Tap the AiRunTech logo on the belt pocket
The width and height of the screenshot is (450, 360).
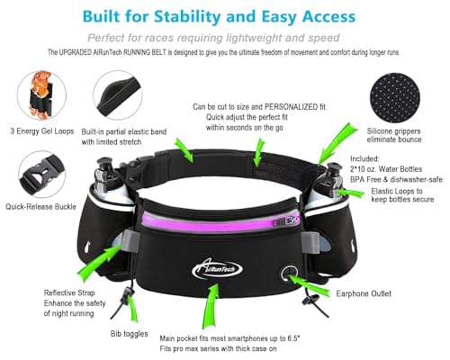(217, 268)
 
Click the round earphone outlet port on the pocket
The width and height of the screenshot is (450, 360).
(289, 273)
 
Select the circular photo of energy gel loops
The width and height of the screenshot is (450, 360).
(41, 95)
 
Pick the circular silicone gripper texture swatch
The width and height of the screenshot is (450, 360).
(395, 98)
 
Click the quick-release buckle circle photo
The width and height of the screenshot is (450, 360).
(42, 175)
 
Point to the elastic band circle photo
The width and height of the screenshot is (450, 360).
(118, 95)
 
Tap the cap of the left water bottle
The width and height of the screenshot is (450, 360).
(105, 165)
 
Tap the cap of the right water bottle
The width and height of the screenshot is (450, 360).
(333, 169)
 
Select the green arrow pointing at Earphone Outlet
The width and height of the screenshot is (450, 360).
(309, 285)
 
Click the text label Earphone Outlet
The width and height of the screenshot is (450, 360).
(364, 293)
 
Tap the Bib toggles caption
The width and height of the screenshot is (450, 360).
(129, 334)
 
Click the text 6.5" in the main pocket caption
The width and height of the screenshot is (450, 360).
(293, 338)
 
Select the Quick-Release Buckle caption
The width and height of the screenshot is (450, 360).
(40, 207)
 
